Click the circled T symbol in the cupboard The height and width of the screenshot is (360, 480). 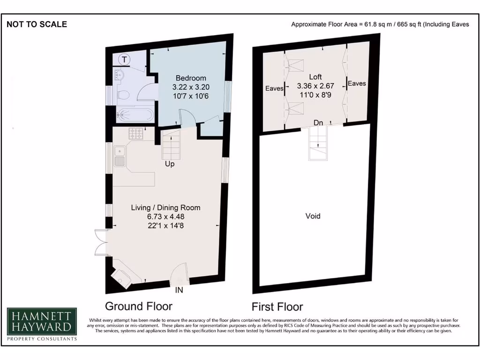pyautogui.click(x=124, y=60)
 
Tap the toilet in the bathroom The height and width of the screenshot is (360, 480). pyautogui.click(x=123, y=94)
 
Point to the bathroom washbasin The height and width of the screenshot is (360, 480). pyautogui.click(x=118, y=75)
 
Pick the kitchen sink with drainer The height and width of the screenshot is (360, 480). pyautogui.click(x=120, y=157)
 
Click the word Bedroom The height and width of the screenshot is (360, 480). pyautogui.click(x=191, y=78)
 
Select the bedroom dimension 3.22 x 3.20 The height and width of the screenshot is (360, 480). pyautogui.click(x=191, y=87)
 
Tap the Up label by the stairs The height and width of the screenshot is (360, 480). pyautogui.click(x=170, y=165)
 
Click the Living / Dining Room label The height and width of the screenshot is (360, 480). pyautogui.click(x=166, y=207)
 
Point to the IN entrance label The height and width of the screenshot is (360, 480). pyautogui.click(x=179, y=290)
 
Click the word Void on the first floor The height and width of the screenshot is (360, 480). pyautogui.click(x=313, y=216)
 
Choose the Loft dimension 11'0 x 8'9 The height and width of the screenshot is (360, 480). pyautogui.click(x=315, y=95)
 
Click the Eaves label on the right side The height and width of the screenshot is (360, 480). pyautogui.click(x=357, y=83)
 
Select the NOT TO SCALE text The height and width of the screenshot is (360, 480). pyautogui.click(x=37, y=24)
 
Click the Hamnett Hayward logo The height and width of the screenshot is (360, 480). pyautogui.click(x=41, y=324)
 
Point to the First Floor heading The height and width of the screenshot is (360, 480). pyautogui.click(x=277, y=307)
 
